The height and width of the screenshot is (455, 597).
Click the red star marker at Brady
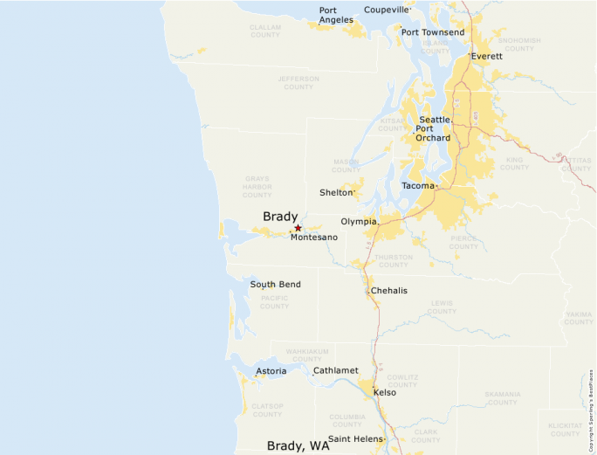pyautogui.click(x=298, y=228)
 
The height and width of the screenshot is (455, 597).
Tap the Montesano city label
pyautogui.click(x=314, y=238)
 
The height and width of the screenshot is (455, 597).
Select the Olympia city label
pyautogui.click(x=358, y=222)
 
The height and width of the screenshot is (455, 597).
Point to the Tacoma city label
pyautogui.click(x=417, y=186)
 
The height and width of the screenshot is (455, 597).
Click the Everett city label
pyautogui.click(x=487, y=56)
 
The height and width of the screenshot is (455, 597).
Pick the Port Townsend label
pyautogui.click(x=433, y=32)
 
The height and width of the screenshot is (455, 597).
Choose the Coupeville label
pyautogui.click(x=386, y=10)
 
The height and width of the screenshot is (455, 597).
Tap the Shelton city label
pyautogui.click(x=336, y=192)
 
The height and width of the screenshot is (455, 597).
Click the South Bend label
pyautogui.click(x=275, y=285)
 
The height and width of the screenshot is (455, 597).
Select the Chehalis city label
pyautogui.click(x=389, y=291)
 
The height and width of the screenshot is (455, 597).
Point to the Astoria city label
pyautogui.click(x=271, y=371)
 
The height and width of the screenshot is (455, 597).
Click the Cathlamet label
pyautogui.click(x=336, y=370)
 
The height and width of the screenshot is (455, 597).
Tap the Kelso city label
pyautogui.click(x=385, y=392)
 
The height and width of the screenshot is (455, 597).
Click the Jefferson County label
pyautogui.click(x=298, y=82)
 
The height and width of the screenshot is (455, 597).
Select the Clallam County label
pyautogui.click(x=265, y=31)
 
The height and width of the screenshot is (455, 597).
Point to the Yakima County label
pyautogui.click(x=578, y=318)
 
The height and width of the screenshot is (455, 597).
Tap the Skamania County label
pyautogui.click(x=503, y=398)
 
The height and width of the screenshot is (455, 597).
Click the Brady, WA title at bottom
pyautogui.click(x=298, y=445)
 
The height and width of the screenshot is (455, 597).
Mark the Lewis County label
pyautogui.click(x=442, y=307)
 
